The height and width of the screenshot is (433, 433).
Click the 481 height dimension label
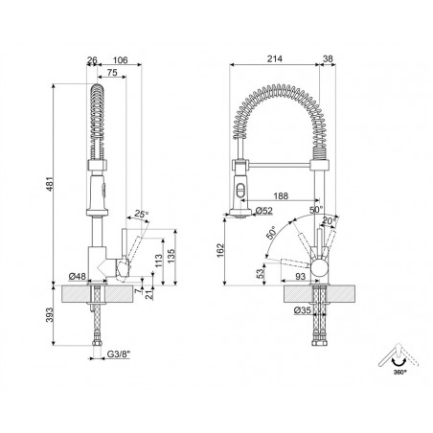coord(50,184)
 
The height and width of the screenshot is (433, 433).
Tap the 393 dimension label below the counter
coord(49,315)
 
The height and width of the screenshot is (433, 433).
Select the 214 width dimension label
coord(275,58)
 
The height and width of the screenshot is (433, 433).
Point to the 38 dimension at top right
coord(328,58)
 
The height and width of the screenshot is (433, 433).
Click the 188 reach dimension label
coord(281,195)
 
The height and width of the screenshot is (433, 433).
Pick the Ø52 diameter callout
coord(264,211)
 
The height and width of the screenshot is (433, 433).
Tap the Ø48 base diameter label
coord(78,276)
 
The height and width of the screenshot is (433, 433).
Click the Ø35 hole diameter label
coord(303,310)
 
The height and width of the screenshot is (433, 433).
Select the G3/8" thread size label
coord(119,353)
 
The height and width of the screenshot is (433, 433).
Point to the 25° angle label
coord(142,214)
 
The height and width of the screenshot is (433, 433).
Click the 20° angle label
coord(330,220)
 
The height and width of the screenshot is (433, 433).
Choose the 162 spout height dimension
coord(220,251)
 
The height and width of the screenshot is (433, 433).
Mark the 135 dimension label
coord(171,257)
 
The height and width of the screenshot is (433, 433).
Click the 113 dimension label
coord(158,262)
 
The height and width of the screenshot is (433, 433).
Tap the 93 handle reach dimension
coord(300,276)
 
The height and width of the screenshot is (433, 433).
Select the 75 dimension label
coord(112,73)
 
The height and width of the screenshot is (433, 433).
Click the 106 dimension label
coord(121,59)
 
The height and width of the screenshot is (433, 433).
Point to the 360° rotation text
coord(399,372)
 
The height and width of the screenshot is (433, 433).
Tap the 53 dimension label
coord(261,273)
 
